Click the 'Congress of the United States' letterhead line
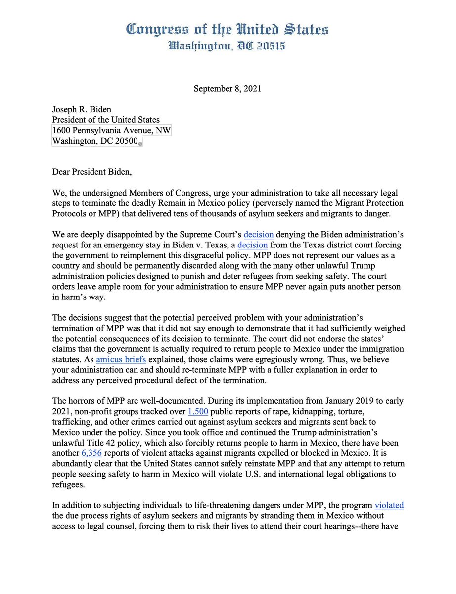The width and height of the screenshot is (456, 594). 228,30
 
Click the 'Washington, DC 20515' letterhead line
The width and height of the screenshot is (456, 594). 228,47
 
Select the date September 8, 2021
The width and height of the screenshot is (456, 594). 227,89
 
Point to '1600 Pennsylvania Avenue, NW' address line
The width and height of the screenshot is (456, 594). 112,131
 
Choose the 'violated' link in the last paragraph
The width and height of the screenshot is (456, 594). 389,505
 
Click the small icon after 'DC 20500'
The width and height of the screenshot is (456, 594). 140,144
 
